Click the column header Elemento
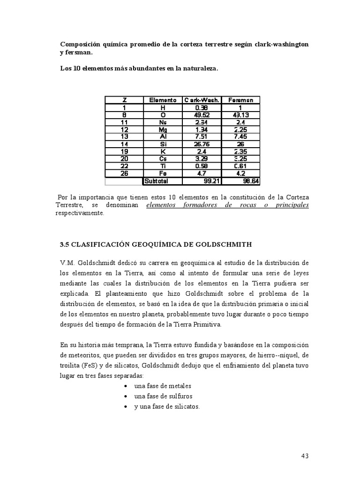[163, 100]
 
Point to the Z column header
[124, 100]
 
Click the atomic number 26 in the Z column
[124, 173]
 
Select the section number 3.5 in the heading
[65, 244]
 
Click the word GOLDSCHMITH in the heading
[226, 244]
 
